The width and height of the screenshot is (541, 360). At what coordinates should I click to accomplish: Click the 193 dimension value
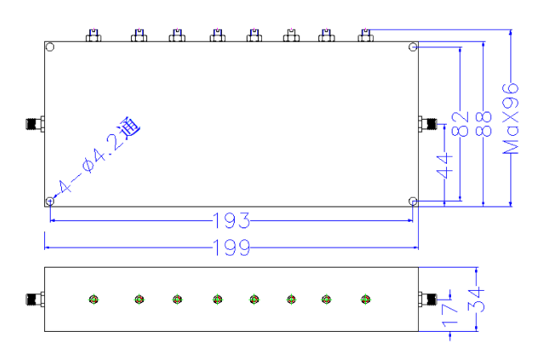[x=232, y=221]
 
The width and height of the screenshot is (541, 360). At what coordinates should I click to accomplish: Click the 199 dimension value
[x=232, y=247]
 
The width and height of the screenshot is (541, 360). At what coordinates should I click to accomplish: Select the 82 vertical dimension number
[x=461, y=124]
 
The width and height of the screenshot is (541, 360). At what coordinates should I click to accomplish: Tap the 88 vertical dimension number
[x=483, y=124]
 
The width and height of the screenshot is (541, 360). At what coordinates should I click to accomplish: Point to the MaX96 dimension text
[x=510, y=118]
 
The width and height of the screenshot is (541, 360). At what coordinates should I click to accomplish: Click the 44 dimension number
[x=445, y=166]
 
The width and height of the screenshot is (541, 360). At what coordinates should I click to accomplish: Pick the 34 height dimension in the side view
[x=476, y=300]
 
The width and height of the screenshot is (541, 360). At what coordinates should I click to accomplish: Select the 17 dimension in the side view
[x=450, y=314]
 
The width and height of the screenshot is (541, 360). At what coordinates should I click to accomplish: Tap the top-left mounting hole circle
[x=50, y=47]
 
